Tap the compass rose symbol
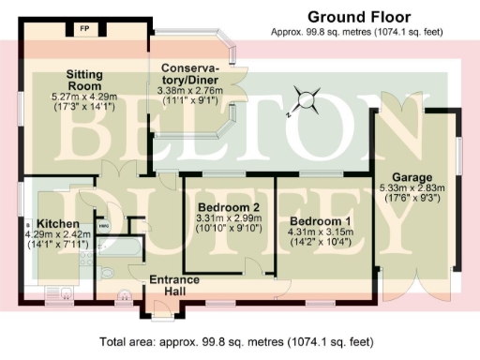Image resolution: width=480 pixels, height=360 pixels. click(302, 98)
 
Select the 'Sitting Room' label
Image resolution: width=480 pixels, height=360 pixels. click(90, 79)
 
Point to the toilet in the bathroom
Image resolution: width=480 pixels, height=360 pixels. click(106, 273)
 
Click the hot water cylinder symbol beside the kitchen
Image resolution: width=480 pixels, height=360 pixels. click(103, 226)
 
